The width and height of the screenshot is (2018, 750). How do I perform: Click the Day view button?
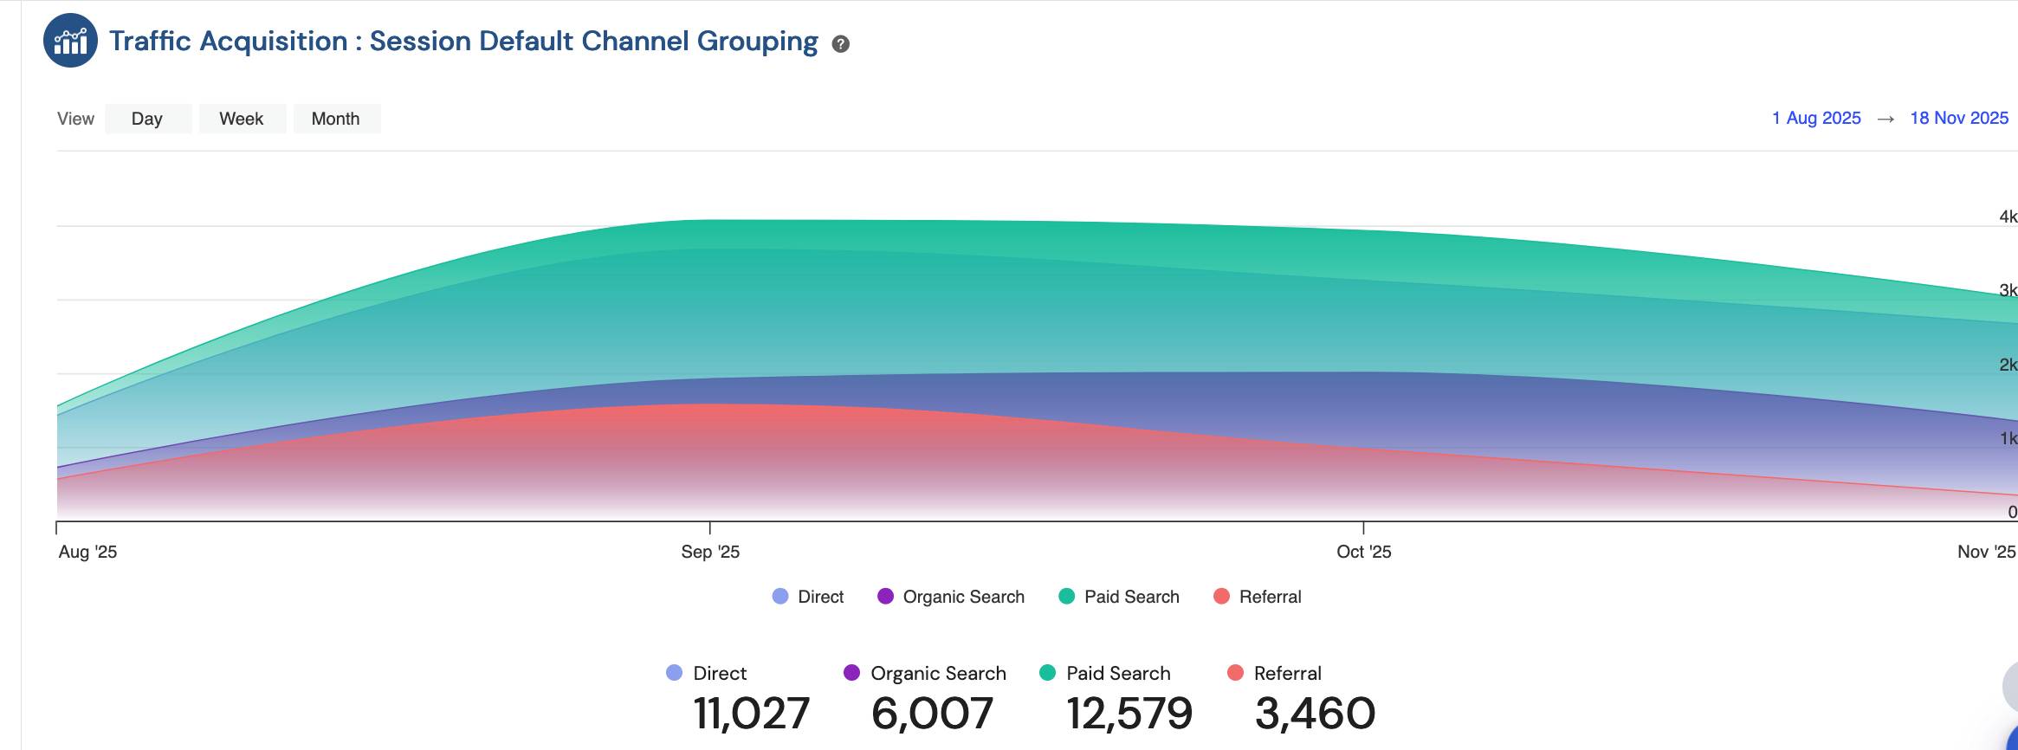pos(147,119)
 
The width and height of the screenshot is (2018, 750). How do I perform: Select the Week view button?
pos(242,119)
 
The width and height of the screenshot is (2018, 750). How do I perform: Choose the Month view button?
pos(336,119)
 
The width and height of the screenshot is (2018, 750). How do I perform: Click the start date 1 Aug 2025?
pos(1816,118)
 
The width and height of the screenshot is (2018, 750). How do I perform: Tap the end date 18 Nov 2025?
pos(1959,118)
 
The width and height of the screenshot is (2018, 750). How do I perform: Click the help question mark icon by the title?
pos(840,44)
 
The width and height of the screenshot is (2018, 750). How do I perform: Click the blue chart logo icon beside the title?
pos(71,41)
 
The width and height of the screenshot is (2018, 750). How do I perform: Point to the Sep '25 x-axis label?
pos(710,552)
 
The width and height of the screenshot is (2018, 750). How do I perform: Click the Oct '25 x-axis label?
pos(1363,552)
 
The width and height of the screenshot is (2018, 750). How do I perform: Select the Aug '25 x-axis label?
pos(87,552)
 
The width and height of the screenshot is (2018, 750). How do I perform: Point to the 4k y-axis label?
pos(2008,217)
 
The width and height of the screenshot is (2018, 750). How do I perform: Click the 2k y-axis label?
pos(2008,365)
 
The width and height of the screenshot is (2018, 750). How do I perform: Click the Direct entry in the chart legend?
pos(809,597)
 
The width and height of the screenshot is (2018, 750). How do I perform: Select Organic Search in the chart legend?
pos(952,597)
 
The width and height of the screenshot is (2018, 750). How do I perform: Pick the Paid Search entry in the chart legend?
pos(1120,597)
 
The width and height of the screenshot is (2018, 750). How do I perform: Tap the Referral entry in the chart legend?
pos(1258,597)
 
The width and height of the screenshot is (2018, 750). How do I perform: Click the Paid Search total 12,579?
pos(1129,714)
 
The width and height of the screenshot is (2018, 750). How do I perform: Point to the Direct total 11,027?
pos(751,714)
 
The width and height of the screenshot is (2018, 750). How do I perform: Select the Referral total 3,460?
pos(1315,714)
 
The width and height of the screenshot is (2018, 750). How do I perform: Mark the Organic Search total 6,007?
pos(932,714)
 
